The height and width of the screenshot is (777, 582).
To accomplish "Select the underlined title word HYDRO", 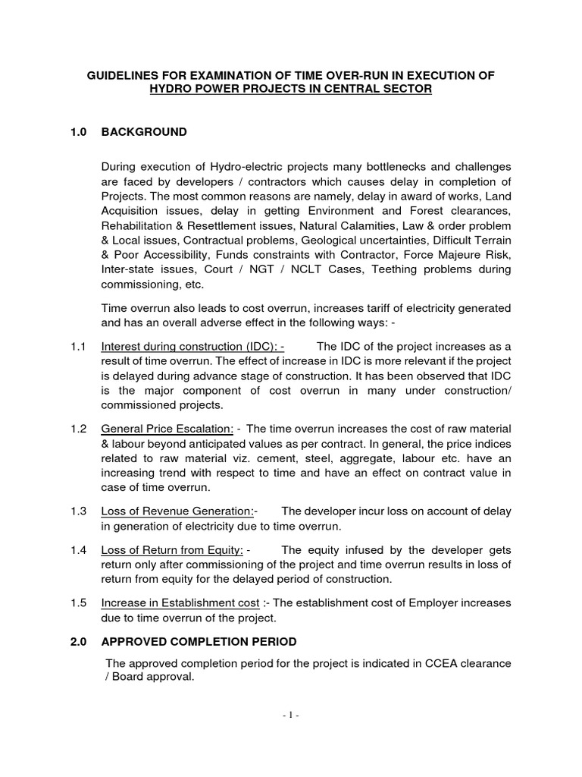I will click(173, 90).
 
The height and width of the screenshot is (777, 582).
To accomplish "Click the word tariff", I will click(346, 307).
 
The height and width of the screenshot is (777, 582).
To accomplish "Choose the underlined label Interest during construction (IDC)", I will click(192, 346).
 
